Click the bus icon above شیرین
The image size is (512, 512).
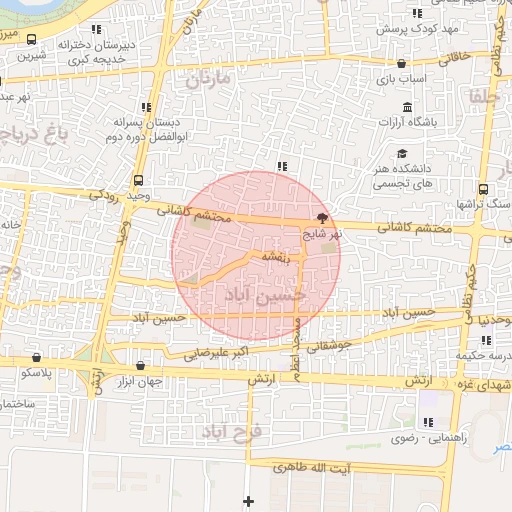(x=33, y=41)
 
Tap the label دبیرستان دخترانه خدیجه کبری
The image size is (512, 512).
(x=100, y=52)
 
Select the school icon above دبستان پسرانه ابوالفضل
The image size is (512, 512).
(x=147, y=106)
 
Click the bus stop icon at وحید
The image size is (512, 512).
(x=137, y=181)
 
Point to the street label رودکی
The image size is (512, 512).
(x=103, y=194)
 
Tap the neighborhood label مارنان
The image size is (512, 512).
(x=208, y=77)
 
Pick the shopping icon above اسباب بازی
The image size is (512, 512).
(x=401, y=63)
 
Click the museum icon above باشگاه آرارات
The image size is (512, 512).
(x=407, y=108)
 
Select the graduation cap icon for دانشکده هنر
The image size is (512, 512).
(x=401, y=154)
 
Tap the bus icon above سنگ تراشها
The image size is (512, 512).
(x=484, y=188)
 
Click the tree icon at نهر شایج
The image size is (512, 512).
(x=321, y=216)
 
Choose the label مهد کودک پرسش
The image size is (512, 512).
(x=410, y=29)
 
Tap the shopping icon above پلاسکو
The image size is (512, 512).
(x=37, y=357)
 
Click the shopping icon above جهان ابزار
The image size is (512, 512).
(x=139, y=365)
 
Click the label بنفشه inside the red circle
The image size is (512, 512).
(x=275, y=258)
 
